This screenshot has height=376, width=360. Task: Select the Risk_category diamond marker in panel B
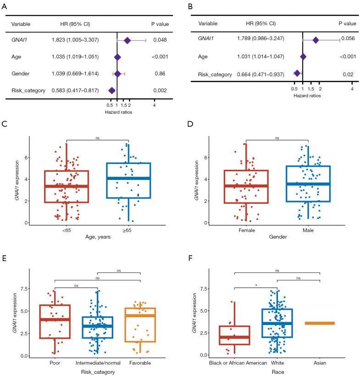tap(297, 73)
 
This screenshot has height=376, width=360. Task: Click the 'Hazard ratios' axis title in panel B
tap(308, 96)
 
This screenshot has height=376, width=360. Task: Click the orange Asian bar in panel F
tap(320, 323)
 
